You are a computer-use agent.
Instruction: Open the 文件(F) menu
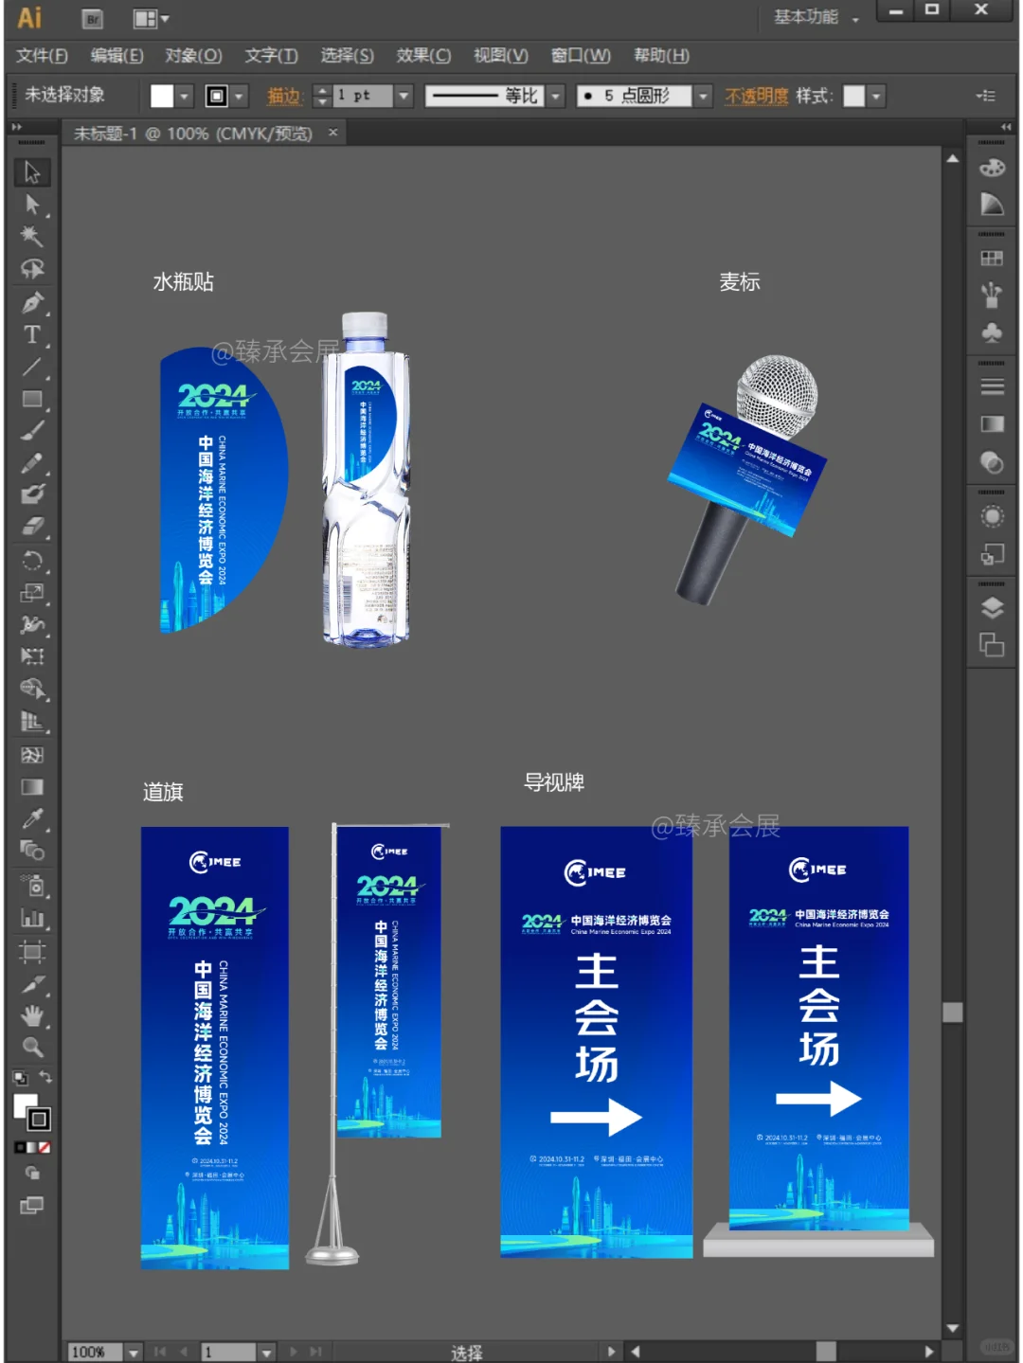click(x=42, y=56)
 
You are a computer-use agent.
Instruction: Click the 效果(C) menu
click(x=422, y=56)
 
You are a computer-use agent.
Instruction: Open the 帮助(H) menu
click(x=661, y=56)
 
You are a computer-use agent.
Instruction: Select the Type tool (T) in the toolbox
click(x=32, y=334)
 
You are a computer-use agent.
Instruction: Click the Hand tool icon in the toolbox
click(x=32, y=1016)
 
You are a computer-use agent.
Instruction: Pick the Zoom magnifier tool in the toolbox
click(x=32, y=1048)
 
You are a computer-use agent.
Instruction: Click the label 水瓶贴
click(x=184, y=282)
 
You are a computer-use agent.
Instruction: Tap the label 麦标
click(x=740, y=282)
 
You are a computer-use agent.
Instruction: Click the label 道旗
click(x=163, y=792)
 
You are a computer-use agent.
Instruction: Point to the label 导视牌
click(x=554, y=782)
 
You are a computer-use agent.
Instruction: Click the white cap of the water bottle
click(x=365, y=326)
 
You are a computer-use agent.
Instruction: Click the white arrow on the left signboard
click(x=596, y=1118)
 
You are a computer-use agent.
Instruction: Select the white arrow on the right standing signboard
click(x=818, y=1099)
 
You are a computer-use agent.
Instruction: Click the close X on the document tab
click(x=333, y=133)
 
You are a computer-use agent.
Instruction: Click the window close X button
click(x=981, y=10)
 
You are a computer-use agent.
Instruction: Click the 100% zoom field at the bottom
click(x=95, y=1352)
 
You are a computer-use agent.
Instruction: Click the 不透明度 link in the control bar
click(x=756, y=96)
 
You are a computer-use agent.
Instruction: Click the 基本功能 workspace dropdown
click(x=815, y=17)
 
